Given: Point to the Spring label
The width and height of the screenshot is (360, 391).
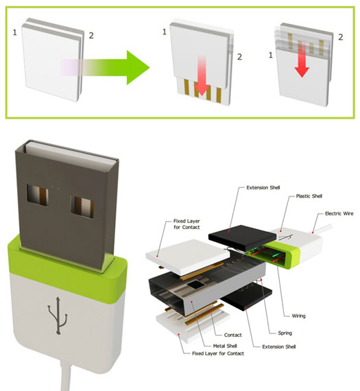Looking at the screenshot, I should click(x=283, y=332).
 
